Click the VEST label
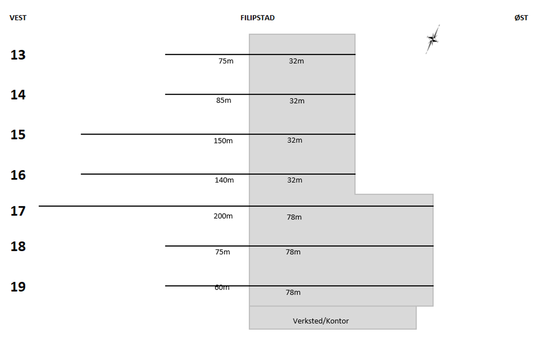[18, 18]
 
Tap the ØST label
[521, 18]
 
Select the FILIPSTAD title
[257, 18]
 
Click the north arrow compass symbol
[433, 39]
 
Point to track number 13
[18, 55]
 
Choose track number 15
[18, 135]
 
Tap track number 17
[18, 211]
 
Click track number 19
[18, 287]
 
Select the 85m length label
[223, 101]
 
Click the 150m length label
[223, 141]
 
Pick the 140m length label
[224, 180]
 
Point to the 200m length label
[223, 216]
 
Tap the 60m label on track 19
[222, 288]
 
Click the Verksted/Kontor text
[320, 321]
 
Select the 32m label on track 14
[297, 101]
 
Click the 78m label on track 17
[294, 217]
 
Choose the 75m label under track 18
[222, 252]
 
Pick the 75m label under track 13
[226, 61]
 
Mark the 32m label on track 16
[294, 180]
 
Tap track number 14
[18, 95]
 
